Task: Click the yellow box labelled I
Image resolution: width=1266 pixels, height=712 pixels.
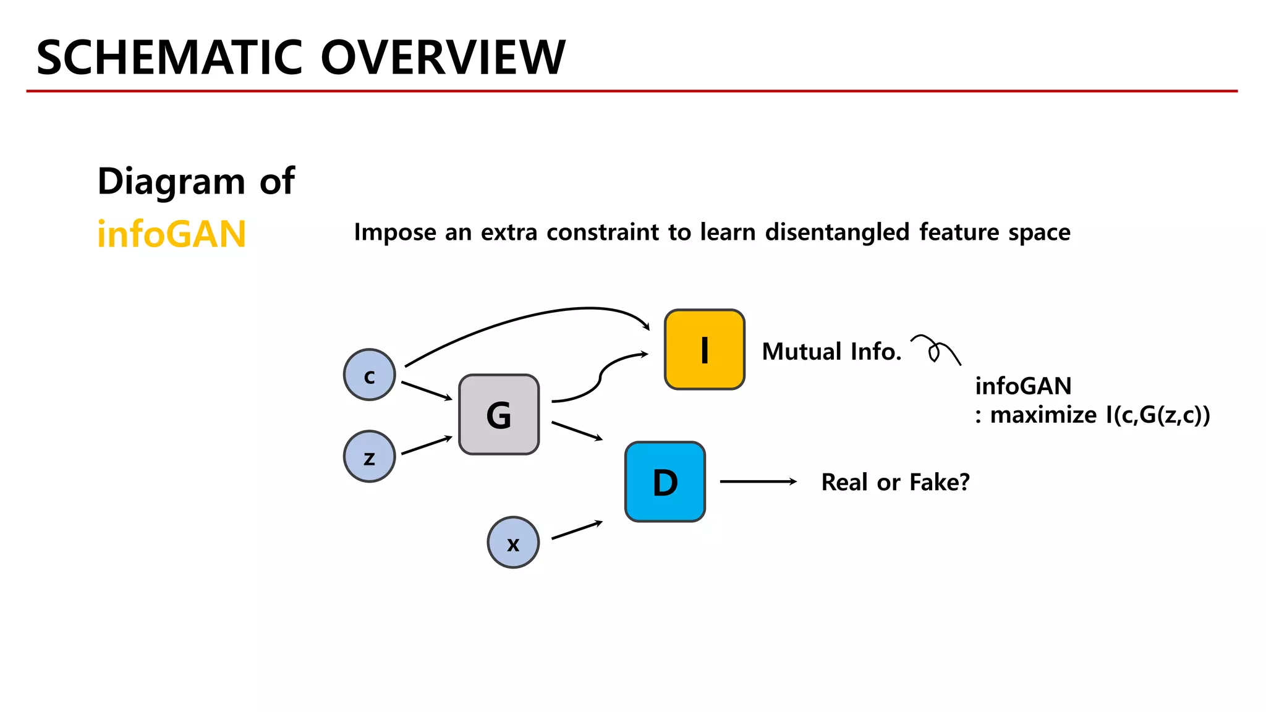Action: [x=704, y=350]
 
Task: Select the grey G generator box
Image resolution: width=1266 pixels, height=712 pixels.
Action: [x=499, y=415]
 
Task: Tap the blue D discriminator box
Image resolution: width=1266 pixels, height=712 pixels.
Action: [x=665, y=482]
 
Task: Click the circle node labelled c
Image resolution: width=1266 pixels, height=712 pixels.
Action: [x=370, y=375]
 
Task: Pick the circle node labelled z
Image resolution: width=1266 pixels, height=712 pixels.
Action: [x=370, y=457]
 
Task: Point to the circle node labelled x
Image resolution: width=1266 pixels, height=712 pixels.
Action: [x=513, y=543]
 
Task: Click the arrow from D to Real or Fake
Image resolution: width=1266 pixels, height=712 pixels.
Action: [x=758, y=481]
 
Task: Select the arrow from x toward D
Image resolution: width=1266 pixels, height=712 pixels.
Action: [x=577, y=530]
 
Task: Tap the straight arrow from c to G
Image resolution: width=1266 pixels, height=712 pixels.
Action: [x=427, y=391]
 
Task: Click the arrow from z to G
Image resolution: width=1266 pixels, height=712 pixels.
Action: [x=427, y=445]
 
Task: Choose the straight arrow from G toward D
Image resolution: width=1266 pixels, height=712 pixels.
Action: [x=577, y=431]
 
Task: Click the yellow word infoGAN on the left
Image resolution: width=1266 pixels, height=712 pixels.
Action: [x=172, y=235]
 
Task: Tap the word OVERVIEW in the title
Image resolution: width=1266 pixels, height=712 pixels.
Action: [x=443, y=57]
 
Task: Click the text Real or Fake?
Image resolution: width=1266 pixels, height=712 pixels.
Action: [x=895, y=482]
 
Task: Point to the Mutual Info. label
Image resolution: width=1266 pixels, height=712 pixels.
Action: [x=831, y=352]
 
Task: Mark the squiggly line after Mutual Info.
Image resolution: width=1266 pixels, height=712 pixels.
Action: [x=936, y=350]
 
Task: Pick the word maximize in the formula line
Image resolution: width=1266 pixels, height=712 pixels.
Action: [x=1043, y=415]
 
